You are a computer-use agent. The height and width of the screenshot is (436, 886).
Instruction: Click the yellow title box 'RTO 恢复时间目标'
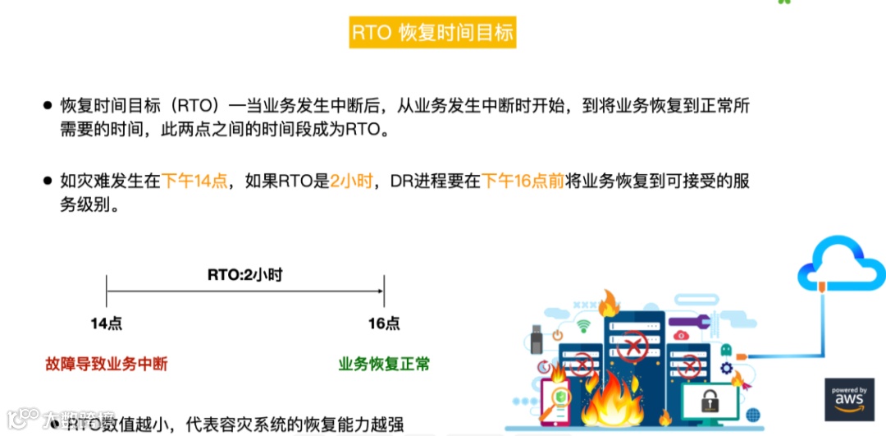432,33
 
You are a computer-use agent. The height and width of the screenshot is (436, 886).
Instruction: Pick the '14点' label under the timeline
106,324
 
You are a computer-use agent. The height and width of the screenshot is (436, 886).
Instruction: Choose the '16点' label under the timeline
384,324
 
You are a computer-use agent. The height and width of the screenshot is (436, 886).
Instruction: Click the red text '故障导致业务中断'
106,364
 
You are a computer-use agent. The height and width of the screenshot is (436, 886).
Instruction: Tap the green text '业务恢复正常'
384,364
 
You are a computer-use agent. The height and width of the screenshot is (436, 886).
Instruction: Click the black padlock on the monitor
710,401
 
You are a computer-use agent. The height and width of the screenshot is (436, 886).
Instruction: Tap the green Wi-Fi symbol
583,326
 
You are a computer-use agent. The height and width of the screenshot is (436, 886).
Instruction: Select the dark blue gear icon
725,369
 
